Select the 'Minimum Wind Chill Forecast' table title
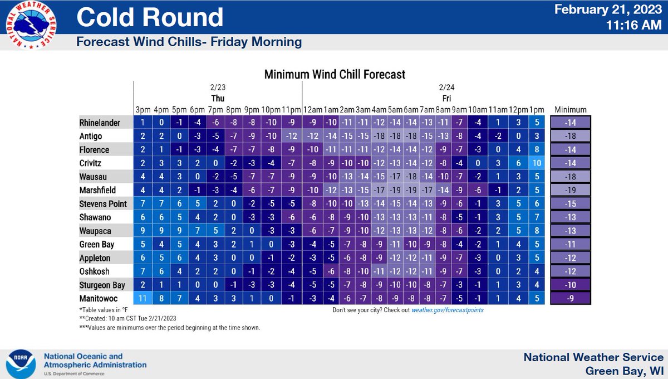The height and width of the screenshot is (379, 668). (334, 74)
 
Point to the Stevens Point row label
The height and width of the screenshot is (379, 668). (101, 204)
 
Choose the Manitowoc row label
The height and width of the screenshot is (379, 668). (98, 298)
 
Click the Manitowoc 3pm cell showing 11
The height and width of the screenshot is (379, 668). (143, 298)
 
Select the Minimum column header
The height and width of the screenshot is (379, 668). (571, 109)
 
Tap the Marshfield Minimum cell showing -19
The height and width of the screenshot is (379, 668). (571, 191)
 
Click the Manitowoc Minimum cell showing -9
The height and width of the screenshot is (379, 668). (571, 298)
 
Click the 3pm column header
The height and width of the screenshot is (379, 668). (143, 109)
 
